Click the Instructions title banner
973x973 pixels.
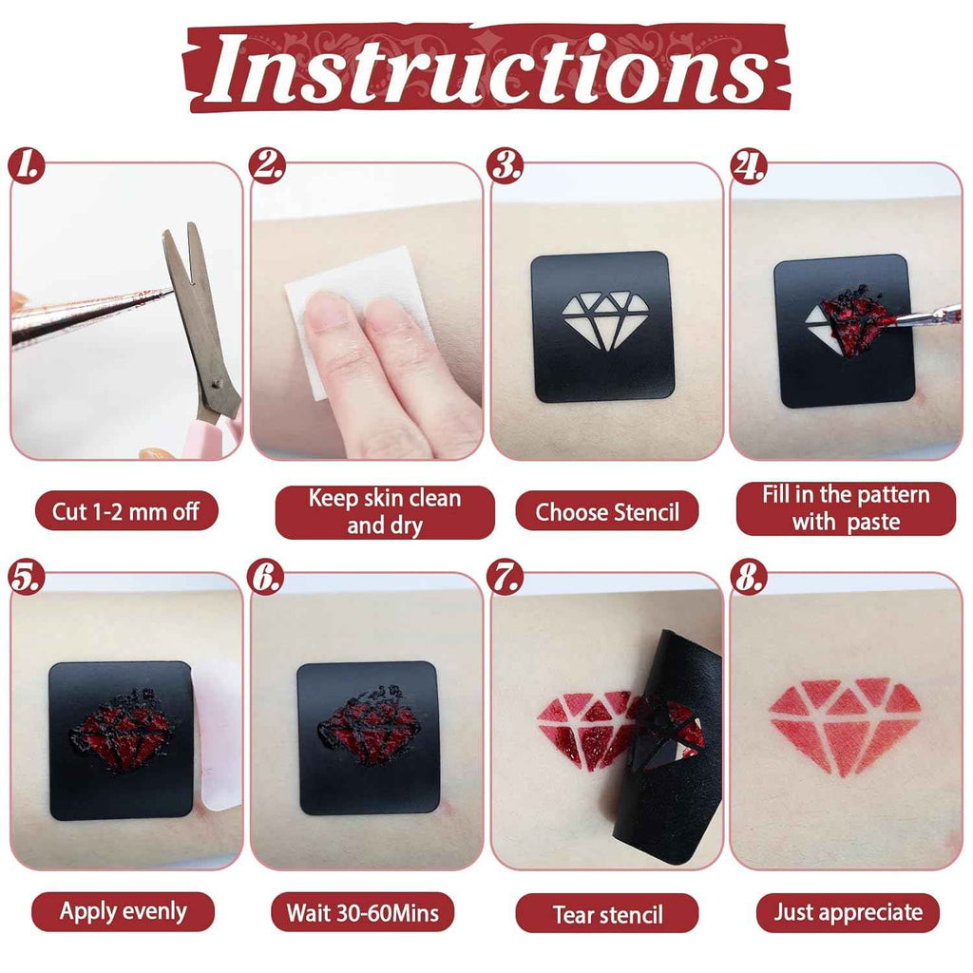pyautogui.click(x=486, y=67)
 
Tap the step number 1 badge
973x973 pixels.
pyautogui.click(x=26, y=165)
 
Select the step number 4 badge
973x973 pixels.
pyautogui.click(x=749, y=165)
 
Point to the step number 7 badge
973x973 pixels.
pyautogui.click(x=506, y=577)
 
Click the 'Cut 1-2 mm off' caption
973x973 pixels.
pyautogui.click(x=126, y=511)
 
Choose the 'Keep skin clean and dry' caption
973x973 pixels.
pyautogui.click(x=385, y=512)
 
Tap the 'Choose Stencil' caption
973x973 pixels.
pyautogui.click(x=607, y=512)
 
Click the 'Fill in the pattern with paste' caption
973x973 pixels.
pyautogui.click(x=846, y=508)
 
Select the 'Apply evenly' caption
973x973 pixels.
pyautogui.click(x=123, y=911)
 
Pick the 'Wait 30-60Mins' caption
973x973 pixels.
pyautogui.click(x=362, y=912)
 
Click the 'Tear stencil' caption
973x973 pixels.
pyautogui.click(x=607, y=913)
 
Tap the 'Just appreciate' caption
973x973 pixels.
pyautogui.click(x=848, y=912)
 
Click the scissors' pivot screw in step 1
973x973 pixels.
pyautogui.click(x=217, y=384)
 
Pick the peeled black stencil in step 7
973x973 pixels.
pyautogui.click(x=667, y=745)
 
